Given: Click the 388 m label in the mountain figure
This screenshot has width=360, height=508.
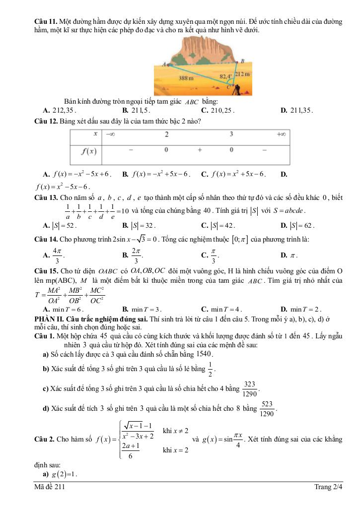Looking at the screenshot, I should click(x=186, y=78).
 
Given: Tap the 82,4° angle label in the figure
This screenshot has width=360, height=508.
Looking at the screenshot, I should click(x=225, y=77).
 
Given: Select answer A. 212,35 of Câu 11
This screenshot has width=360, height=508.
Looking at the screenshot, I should click(x=60, y=110).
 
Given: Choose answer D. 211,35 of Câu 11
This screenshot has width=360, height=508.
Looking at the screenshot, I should click(x=297, y=110).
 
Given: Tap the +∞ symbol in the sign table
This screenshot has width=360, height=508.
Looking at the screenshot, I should click(x=281, y=134).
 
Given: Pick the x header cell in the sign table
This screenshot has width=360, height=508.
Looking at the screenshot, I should click(x=94, y=134).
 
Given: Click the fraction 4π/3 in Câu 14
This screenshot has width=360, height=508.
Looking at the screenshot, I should click(x=58, y=255).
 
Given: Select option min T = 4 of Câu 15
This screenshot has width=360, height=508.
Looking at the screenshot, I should click(x=221, y=308).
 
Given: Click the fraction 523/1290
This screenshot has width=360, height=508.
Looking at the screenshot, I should click(x=267, y=409).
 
